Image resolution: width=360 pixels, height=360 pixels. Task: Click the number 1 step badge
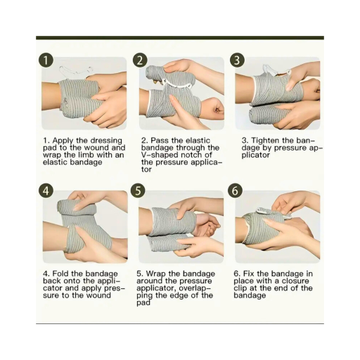pos(46,60)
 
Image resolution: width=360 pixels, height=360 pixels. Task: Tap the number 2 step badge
pos(140,60)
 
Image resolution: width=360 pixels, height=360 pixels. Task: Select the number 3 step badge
pos(237,60)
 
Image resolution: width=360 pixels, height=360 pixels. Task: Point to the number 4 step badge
pos(46,191)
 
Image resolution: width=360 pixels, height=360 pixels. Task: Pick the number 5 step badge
pos(139,191)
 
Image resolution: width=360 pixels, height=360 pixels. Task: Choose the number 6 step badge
pos(236,191)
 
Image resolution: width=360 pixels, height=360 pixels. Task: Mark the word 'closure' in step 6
pos(295,281)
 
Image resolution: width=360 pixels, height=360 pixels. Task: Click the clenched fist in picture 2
pos(215,108)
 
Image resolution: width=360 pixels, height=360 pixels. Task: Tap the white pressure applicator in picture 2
pos(177,84)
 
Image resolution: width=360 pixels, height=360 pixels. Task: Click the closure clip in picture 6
pos(264,210)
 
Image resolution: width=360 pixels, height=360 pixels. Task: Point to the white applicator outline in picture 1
pos(75,70)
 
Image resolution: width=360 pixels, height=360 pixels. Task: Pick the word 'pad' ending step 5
pos(143,302)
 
